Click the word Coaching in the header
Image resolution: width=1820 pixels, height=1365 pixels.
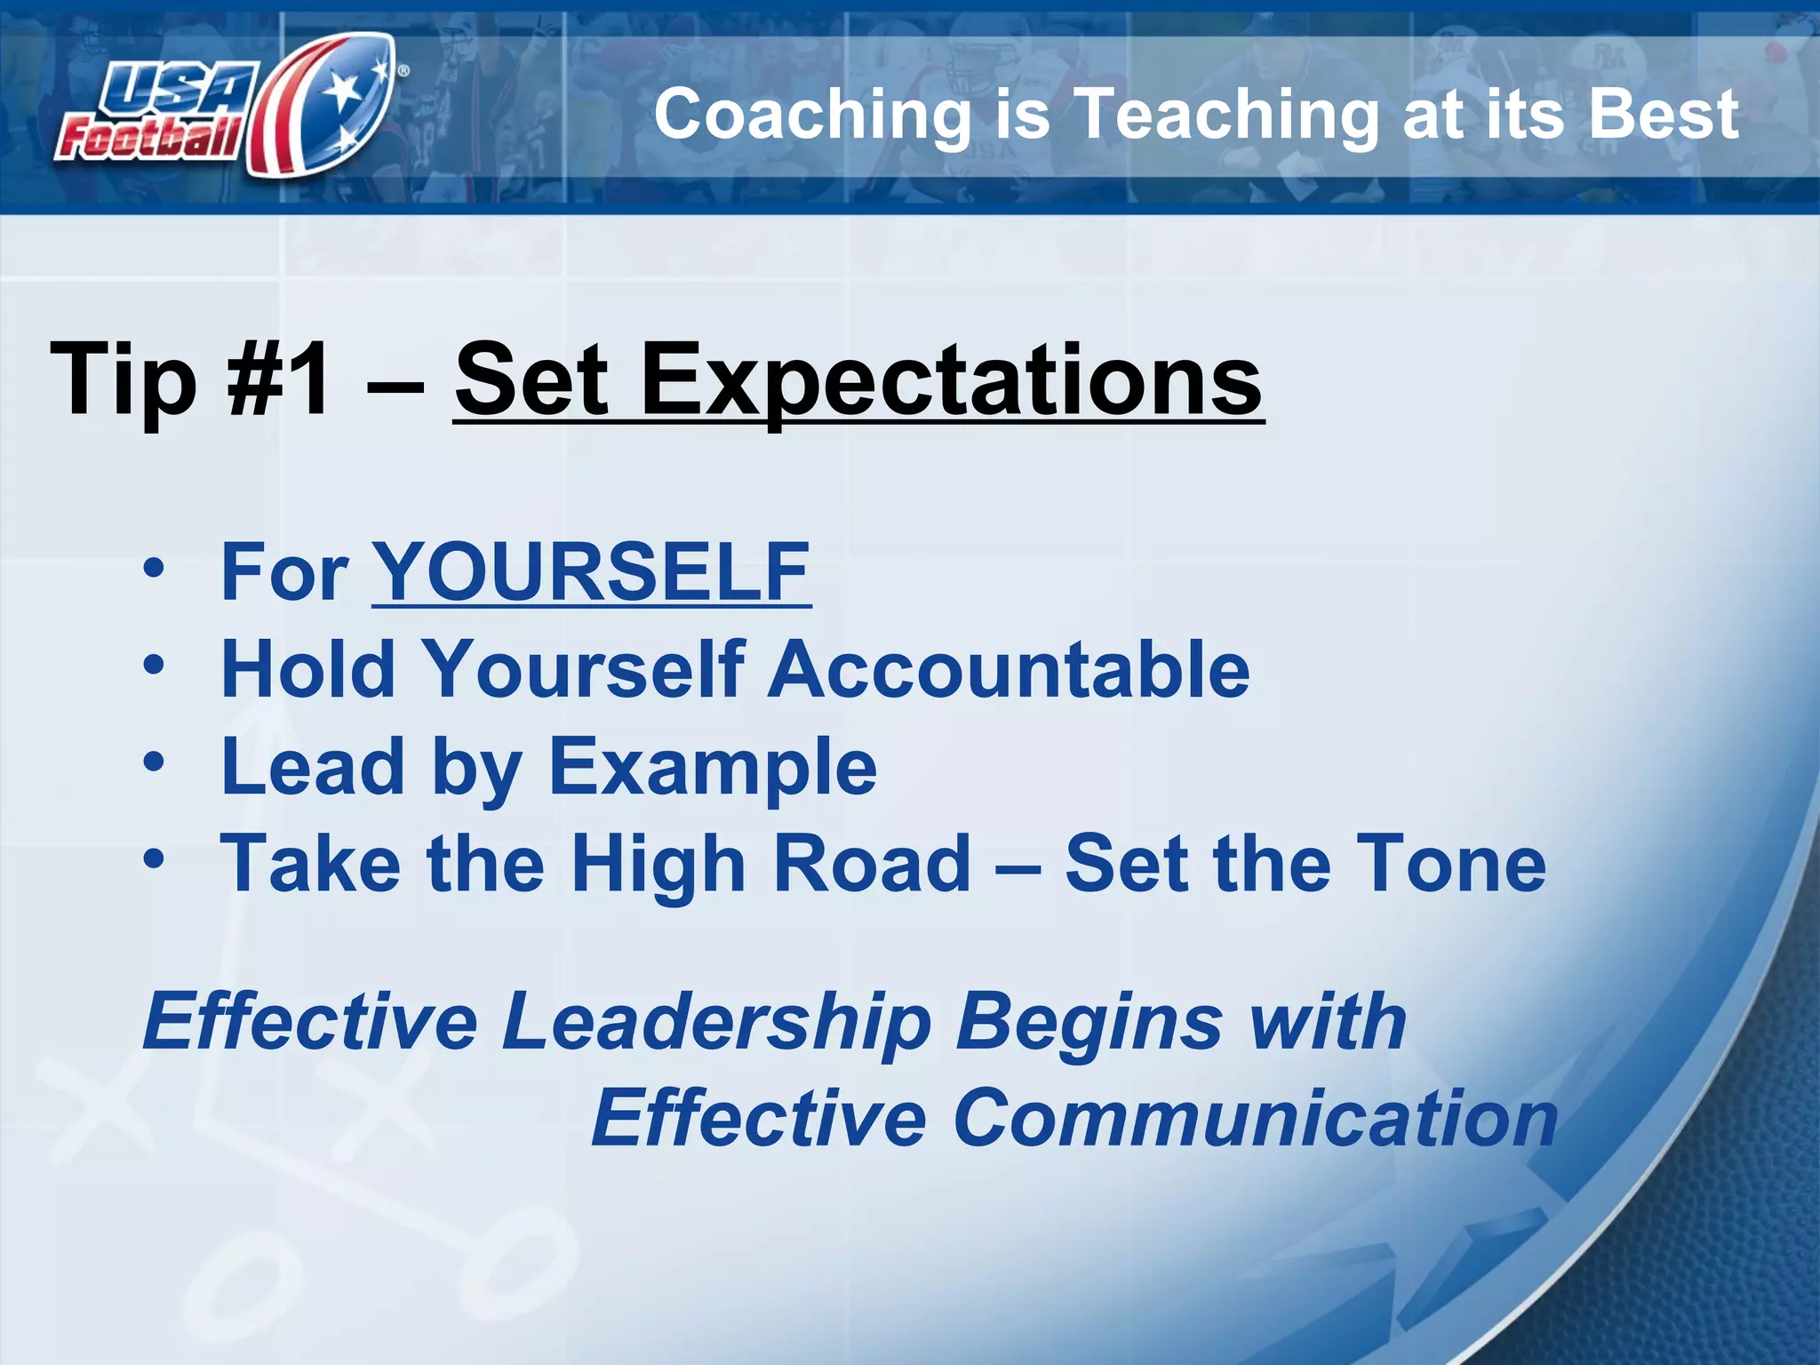(x=812, y=116)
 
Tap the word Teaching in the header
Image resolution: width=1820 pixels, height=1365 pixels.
(x=1226, y=116)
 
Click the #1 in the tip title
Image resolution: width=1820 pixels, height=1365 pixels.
(x=279, y=379)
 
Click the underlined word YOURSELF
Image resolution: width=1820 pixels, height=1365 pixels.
(x=591, y=572)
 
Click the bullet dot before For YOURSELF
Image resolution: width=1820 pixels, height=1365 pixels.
(x=154, y=569)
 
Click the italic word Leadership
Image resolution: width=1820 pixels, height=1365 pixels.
(x=716, y=1023)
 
